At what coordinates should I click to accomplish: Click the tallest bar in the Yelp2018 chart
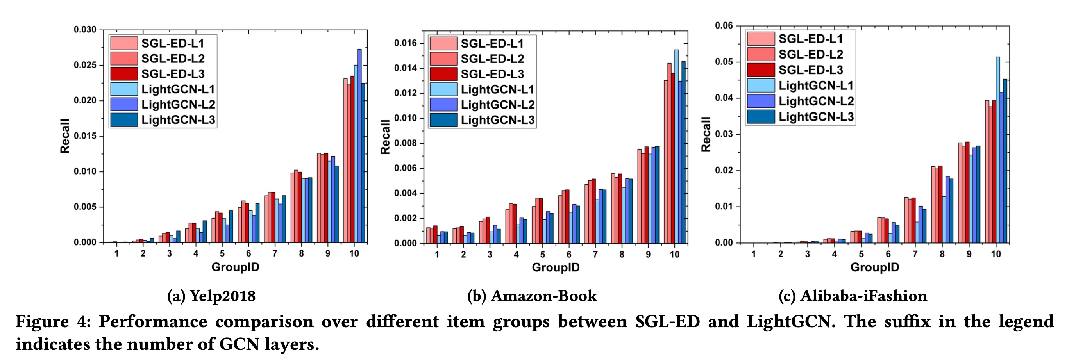point(359,146)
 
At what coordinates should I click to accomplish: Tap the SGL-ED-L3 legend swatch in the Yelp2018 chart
point(124,74)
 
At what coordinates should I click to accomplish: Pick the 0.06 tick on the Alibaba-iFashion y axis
point(724,26)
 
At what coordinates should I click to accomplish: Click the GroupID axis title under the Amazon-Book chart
point(556,268)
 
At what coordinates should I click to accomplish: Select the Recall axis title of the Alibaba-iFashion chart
point(706,134)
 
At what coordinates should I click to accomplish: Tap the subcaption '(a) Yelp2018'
point(211,296)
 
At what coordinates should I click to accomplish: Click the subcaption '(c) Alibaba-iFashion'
point(853,296)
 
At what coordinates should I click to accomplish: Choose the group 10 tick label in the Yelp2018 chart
point(354,253)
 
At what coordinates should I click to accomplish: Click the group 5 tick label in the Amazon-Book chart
point(543,254)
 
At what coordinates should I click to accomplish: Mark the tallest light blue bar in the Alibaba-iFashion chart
point(998,150)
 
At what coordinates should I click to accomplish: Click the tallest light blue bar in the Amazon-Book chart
point(676,146)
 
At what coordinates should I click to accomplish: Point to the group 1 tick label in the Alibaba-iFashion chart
point(754,254)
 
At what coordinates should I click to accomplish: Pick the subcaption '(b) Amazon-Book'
point(532,296)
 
